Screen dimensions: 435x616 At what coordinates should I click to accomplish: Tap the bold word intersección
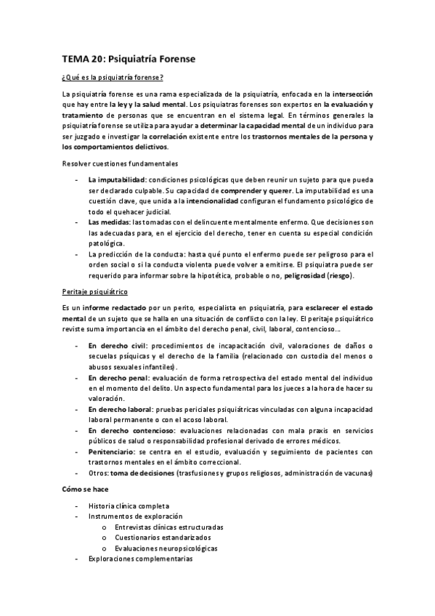(351, 94)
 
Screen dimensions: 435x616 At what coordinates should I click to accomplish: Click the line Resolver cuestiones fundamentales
(120, 163)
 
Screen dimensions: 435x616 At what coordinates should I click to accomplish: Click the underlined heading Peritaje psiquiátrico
(95, 292)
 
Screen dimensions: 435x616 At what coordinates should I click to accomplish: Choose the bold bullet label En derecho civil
(117, 346)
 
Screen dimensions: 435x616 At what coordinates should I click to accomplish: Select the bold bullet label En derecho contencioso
(131, 431)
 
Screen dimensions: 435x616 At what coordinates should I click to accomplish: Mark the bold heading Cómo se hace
(85, 490)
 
